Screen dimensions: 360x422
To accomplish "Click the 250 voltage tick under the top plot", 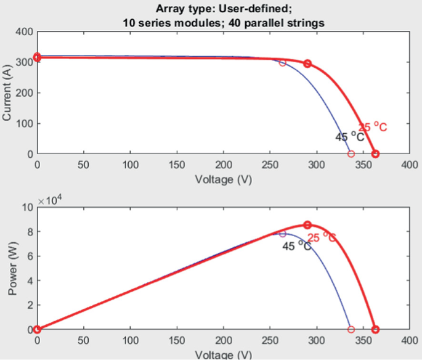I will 270,165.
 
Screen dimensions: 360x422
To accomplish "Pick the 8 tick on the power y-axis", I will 28,232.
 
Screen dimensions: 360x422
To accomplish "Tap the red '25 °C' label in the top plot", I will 373,127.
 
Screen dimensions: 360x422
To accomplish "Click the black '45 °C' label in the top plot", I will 349,137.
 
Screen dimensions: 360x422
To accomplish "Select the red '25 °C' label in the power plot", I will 322,237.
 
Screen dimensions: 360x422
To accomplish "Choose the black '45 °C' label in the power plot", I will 296,247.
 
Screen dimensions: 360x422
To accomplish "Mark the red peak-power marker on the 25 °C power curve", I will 307,225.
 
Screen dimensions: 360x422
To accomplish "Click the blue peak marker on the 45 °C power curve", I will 283,234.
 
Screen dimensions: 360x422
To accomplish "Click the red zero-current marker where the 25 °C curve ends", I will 375,153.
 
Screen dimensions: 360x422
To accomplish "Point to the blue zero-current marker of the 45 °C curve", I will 351,153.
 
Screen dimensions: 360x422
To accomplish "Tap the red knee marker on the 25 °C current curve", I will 307,63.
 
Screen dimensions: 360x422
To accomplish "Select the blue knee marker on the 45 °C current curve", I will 283,62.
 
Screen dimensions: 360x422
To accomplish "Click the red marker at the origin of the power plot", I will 37,329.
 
